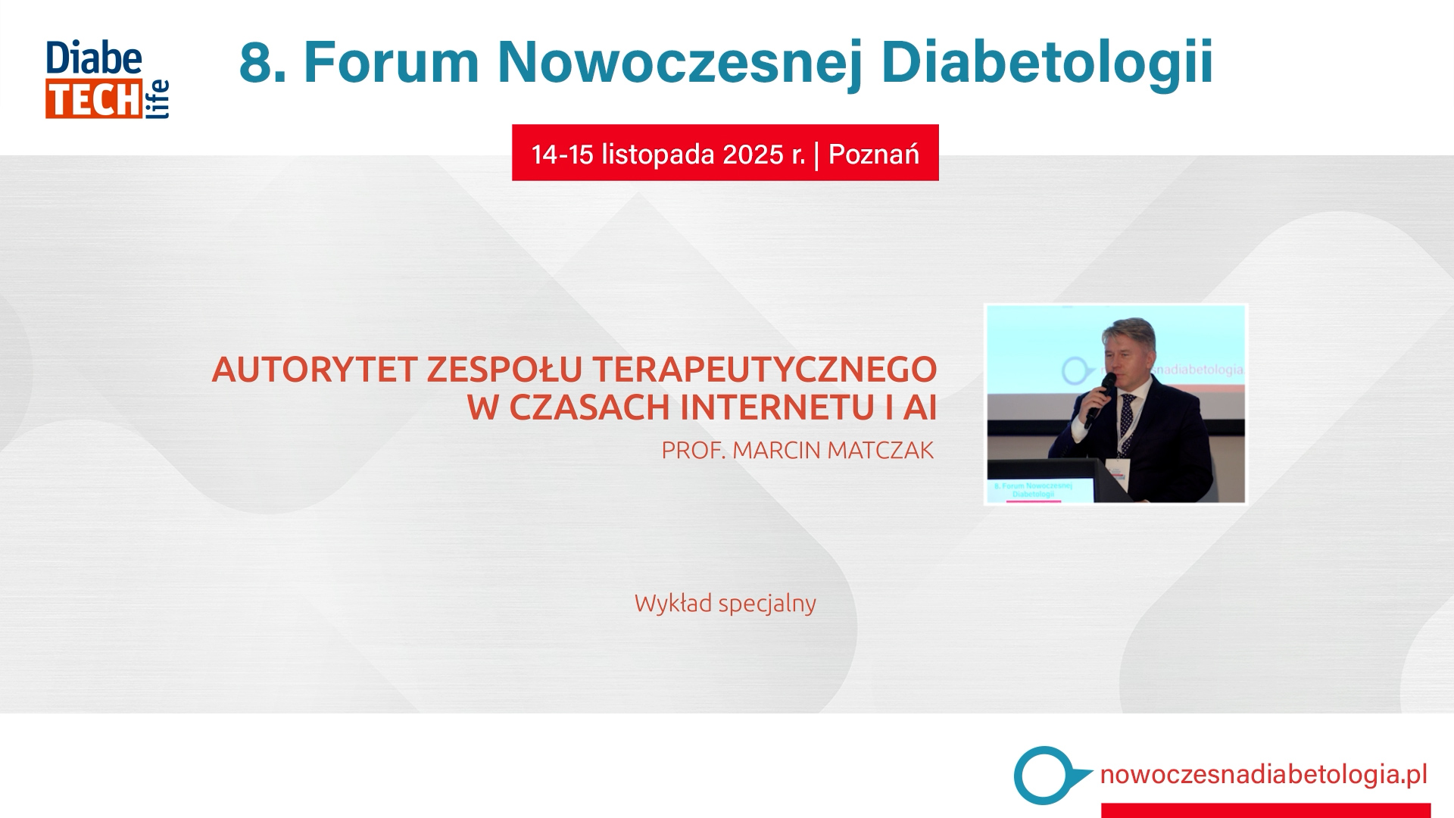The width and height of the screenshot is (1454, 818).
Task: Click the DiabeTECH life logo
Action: click(x=107, y=80)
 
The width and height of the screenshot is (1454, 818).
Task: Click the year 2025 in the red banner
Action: click(x=753, y=155)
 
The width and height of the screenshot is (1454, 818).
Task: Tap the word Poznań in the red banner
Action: click(x=874, y=154)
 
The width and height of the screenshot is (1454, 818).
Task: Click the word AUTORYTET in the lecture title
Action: click(x=314, y=370)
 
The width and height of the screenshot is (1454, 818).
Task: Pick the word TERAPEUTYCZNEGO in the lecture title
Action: click(x=765, y=370)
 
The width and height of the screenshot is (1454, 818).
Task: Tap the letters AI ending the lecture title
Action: click(x=920, y=407)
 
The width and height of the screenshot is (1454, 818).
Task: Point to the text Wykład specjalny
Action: click(x=725, y=604)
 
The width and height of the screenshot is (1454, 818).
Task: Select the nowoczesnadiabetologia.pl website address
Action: click(x=1263, y=775)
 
